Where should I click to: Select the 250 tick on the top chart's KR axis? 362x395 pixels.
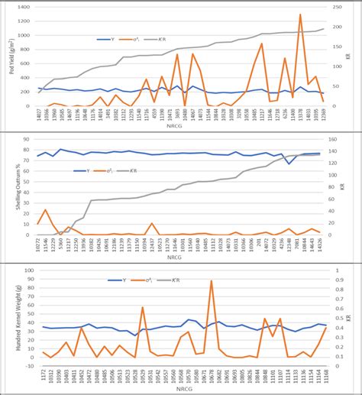[341, 6]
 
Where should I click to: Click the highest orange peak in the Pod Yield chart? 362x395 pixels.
[300, 15]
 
